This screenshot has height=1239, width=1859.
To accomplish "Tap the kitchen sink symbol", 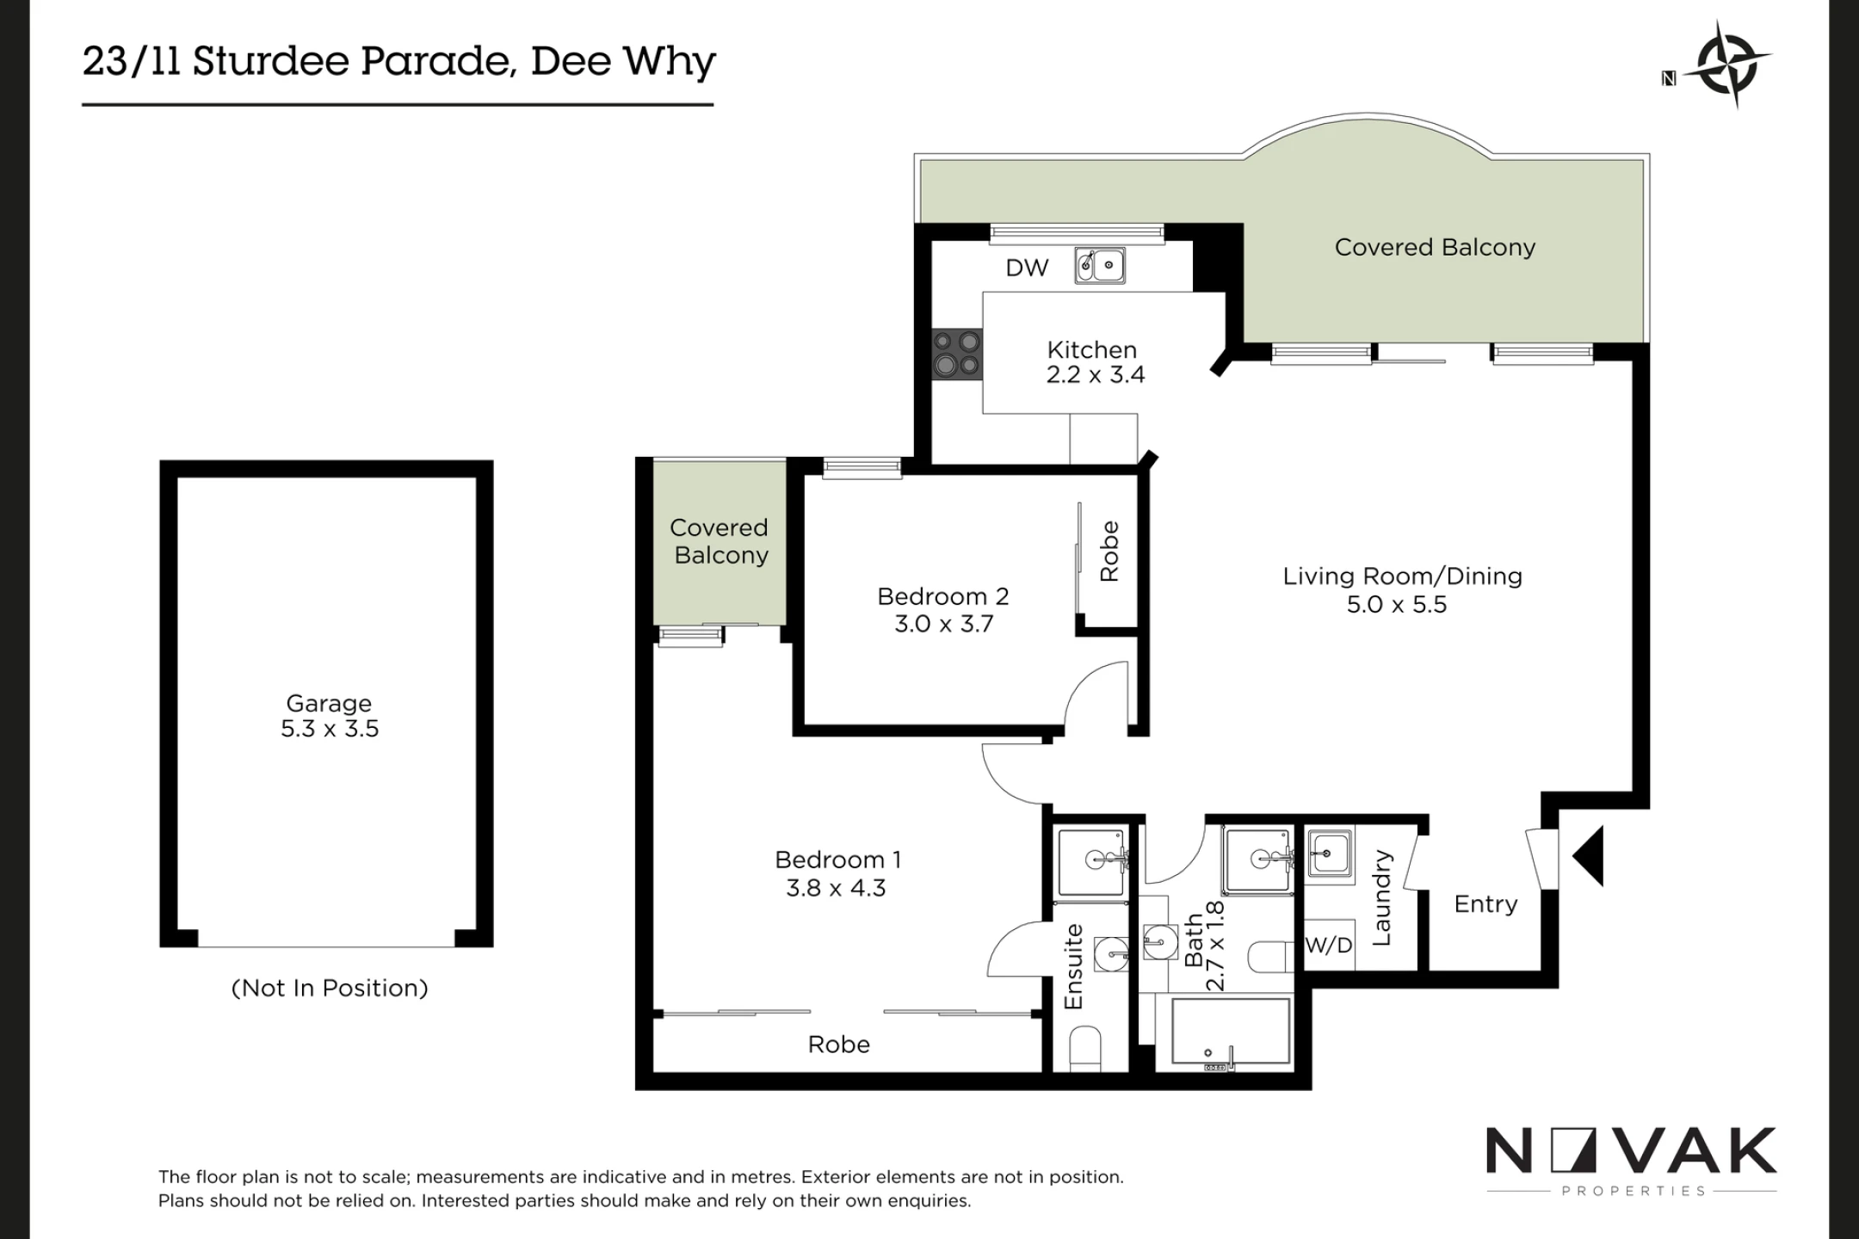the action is tap(1100, 266).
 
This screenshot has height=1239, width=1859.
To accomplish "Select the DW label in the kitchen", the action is tap(1027, 268).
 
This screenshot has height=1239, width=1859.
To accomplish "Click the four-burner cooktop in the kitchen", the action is tap(957, 354).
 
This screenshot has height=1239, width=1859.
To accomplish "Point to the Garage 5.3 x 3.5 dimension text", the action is tap(330, 729).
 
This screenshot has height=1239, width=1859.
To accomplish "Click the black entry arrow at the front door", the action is tap(1588, 856).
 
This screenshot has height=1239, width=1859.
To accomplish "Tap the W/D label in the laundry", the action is tap(1329, 946).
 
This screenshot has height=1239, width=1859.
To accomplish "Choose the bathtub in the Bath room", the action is tap(1231, 1032).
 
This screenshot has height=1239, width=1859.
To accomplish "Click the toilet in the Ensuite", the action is tap(1085, 1049).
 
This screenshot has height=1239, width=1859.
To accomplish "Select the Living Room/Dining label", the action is tap(1402, 576).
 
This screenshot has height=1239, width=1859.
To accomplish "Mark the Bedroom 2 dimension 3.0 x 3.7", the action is tap(943, 624).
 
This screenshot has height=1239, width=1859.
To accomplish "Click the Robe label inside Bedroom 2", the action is tap(1109, 551).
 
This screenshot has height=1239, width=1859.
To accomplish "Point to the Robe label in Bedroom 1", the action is tap(838, 1045).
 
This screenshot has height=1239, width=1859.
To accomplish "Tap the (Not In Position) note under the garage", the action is tap(330, 988).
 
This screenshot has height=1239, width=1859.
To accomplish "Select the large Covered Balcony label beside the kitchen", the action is tap(1435, 247).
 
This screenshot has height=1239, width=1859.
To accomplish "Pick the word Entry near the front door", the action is tap(1485, 904).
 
